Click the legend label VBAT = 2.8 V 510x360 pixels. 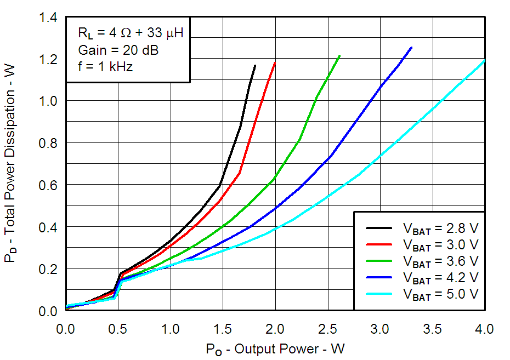point(440,227)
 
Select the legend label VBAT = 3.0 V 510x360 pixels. point(440,244)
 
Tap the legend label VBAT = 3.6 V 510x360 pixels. point(440,260)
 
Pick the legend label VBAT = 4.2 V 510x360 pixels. point(440,277)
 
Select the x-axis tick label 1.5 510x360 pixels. point(223,329)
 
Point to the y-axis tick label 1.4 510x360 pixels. point(48,18)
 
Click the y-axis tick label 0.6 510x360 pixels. point(48,185)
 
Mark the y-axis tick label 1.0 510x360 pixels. point(48,101)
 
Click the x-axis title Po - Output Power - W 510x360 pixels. point(275,349)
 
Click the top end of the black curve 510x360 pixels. point(255,65)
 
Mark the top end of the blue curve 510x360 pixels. point(411,48)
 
